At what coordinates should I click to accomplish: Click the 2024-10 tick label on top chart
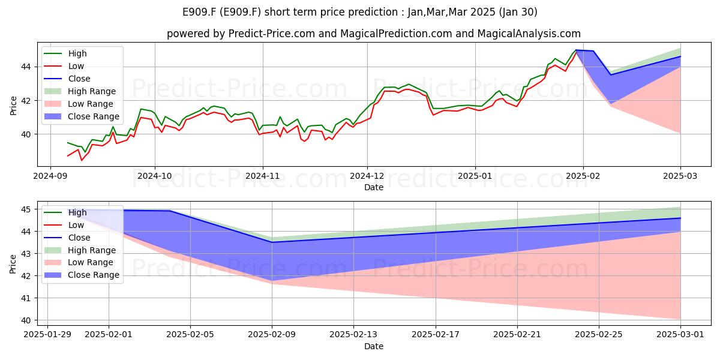coord(155,176)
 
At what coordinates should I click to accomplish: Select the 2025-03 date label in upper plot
coord(680,176)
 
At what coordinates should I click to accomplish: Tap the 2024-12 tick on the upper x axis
coord(367,176)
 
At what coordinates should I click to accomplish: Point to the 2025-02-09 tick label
coord(272,335)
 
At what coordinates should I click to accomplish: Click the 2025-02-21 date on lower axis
coord(517,335)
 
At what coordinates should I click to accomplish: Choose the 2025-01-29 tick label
coord(47,335)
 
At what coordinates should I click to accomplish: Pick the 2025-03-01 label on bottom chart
coord(680,335)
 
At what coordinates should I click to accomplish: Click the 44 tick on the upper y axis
coord(26,67)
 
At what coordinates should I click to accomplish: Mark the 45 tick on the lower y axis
coord(26,209)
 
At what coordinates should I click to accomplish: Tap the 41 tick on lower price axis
coord(26,298)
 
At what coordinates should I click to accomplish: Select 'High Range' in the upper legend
coord(92,91)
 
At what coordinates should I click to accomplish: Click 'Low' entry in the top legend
coord(76,66)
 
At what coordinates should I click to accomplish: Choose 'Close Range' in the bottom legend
coord(93,275)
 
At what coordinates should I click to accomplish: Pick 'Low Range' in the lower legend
coord(91,263)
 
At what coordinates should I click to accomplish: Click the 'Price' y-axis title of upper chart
coord(13,106)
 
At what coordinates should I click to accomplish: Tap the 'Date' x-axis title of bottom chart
coord(373,346)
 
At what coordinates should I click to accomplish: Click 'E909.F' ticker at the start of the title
coord(199,12)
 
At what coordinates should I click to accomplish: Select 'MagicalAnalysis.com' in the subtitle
coord(529,34)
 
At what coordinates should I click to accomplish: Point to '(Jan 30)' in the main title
coord(518,12)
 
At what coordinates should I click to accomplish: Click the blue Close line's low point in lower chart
coord(272,242)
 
